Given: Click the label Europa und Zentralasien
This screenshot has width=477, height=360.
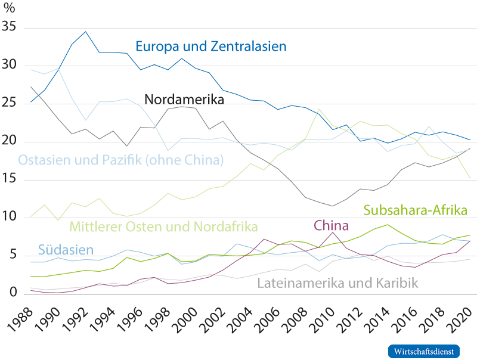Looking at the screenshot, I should coord(211,46).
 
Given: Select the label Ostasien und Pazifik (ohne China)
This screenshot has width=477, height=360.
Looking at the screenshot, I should coord(121,160).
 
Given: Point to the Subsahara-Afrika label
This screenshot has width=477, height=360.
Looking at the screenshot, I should coord(415,210).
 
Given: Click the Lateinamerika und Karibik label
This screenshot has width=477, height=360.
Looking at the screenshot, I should coord(337,282).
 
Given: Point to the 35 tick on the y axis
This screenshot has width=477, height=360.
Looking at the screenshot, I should coord(11,28).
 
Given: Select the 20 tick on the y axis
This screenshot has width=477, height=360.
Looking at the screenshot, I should coord(11,141).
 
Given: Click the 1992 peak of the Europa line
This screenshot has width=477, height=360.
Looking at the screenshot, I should coord(85,31).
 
